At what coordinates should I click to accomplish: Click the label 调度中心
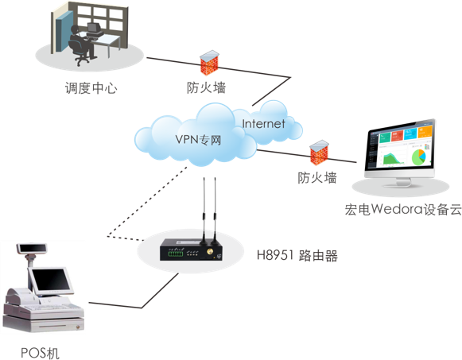pyautogui.click(x=91, y=88)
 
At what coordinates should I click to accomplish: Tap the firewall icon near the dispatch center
pyautogui.click(x=209, y=63)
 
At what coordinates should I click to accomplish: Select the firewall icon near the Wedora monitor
pyautogui.click(x=319, y=153)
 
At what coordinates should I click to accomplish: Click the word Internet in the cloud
pyautogui.click(x=263, y=124)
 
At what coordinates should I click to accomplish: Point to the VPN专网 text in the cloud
pyautogui.click(x=198, y=140)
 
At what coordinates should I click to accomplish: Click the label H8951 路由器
pyautogui.click(x=297, y=255)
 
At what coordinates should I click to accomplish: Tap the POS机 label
pyautogui.click(x=40, y=353)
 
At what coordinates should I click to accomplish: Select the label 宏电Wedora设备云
pyautogui.click(x=403, y=209)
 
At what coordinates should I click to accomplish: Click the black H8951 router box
pyautogui.click(x=191, y=250)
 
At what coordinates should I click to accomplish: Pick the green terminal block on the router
pyautogui.click(x=176, y=253)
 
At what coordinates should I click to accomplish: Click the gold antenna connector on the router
pyautogui.click(x=210, y=252)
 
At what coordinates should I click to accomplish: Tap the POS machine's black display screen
pyautogui.click(x=51, y=280)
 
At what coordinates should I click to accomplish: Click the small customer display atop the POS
pyautogui.click(x=32, y=248)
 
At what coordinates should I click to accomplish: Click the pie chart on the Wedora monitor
pyautogui.click(x=418, y=157)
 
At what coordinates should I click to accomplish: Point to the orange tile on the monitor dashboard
pyautogui.click(x=425, y=134)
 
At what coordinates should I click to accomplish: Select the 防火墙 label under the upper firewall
pyautogui.click(x=206, y=87)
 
